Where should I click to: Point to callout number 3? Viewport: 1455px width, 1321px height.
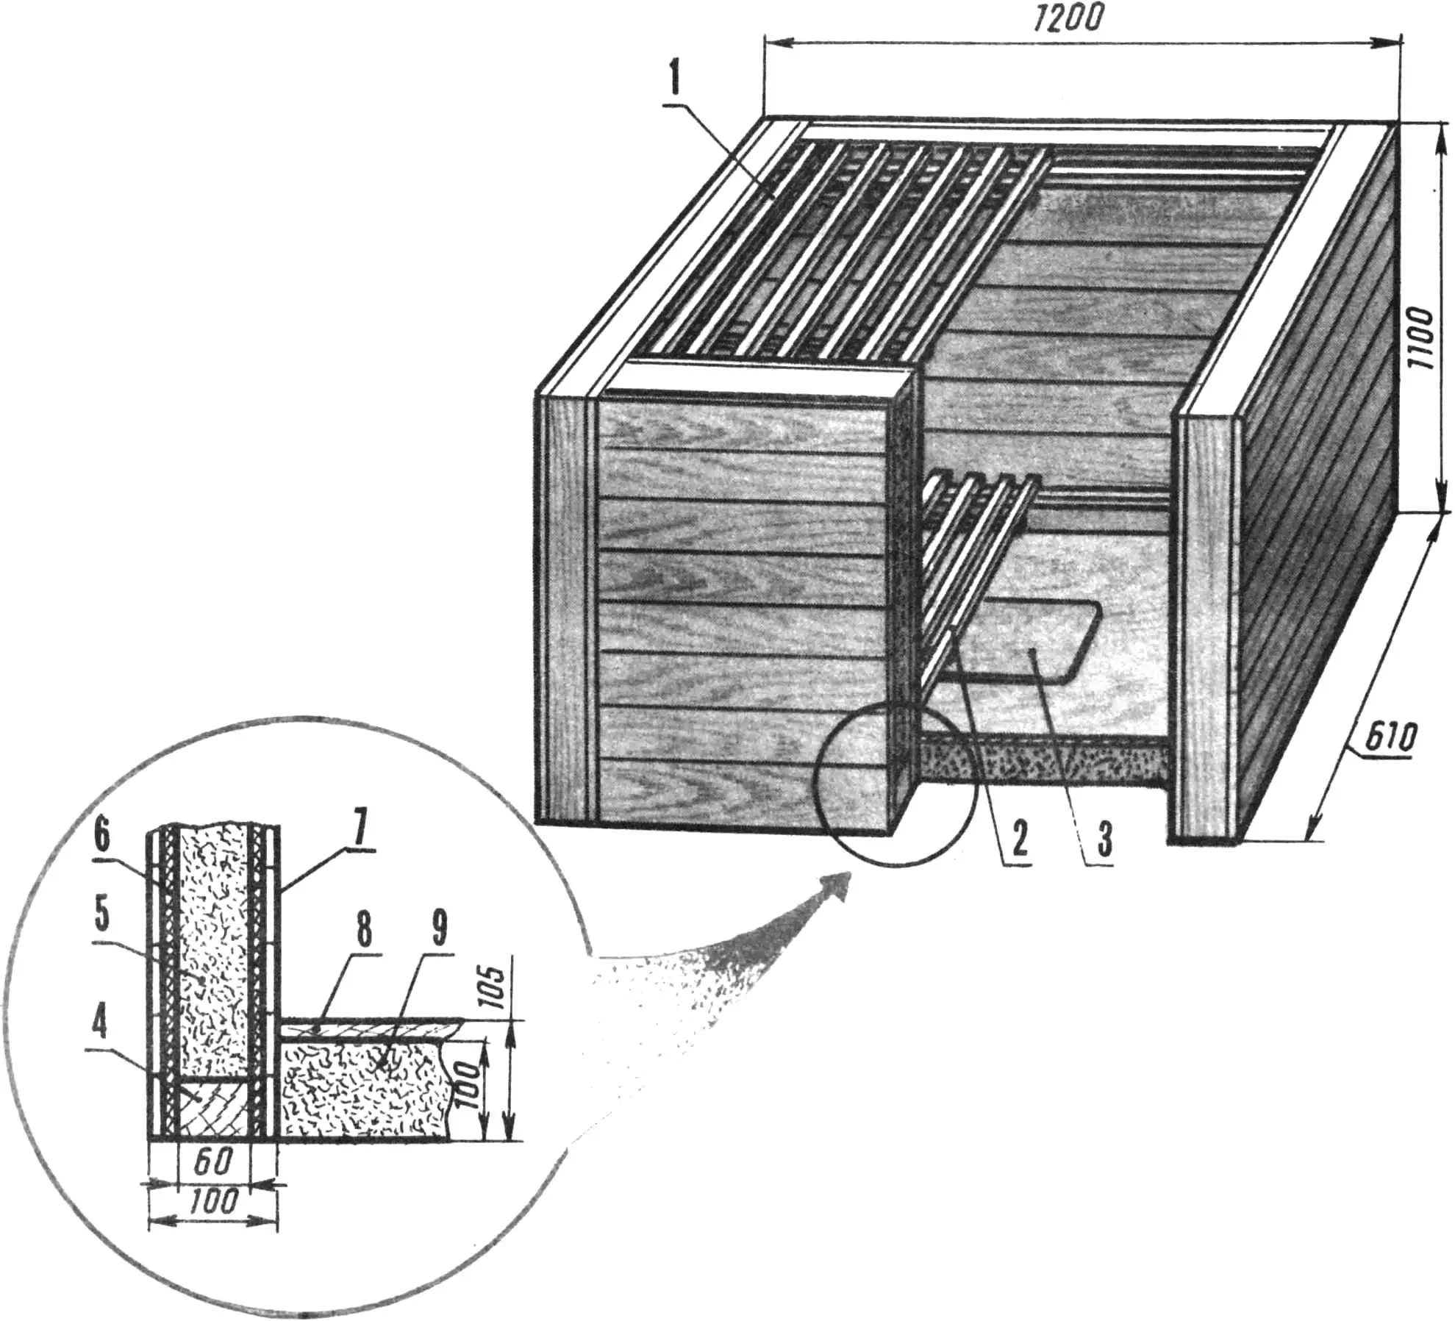(1104, 840)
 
